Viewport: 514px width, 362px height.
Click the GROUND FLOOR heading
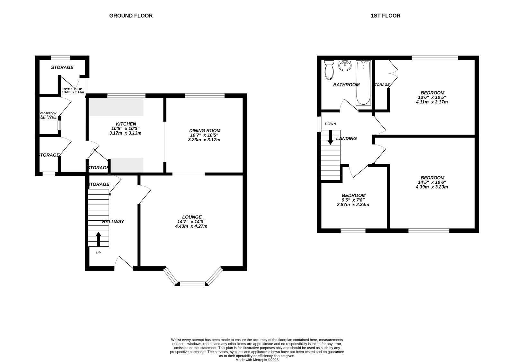point(131,15)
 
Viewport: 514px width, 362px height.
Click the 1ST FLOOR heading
point(385,15)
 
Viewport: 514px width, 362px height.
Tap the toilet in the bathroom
point(329,70)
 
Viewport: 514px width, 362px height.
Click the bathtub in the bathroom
point(363,83)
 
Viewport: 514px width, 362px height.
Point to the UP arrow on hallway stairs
point(98,239)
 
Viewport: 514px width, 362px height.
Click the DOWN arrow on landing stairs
point(330,138)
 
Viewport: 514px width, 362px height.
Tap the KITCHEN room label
point(126,124)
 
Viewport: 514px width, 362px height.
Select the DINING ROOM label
point(205,130)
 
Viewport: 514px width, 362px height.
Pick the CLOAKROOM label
point(48,113)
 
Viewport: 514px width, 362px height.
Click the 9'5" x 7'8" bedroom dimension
point(353,200)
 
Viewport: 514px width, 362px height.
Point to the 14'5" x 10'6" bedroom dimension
point(432,182)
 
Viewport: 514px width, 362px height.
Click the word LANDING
point(346,138)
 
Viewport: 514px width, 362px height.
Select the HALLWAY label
point(113,222)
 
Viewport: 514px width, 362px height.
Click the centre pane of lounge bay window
point(192,284)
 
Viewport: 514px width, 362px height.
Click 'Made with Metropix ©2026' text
point(257,360)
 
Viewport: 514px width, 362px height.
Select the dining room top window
point(205,95)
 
